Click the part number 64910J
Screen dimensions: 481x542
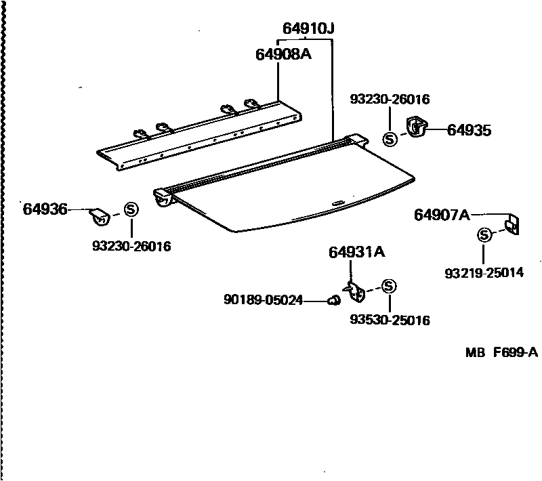(x=308, y=29)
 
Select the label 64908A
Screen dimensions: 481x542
(x=283, y=54)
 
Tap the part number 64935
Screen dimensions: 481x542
(x=469, y=131)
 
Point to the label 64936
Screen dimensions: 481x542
(x=45, y=210)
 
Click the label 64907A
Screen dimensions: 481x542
(x=442, y=215)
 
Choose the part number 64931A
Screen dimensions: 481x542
(x=356, y=253)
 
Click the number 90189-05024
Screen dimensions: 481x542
(x=263, y=299)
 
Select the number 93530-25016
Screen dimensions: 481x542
(x=390, y=320)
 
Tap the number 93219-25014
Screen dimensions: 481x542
(x=484, y=273)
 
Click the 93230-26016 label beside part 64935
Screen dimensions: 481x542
(x=390, y=100)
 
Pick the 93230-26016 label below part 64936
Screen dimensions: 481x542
(x=131, y=246)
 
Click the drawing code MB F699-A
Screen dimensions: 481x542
(x=501, y=352)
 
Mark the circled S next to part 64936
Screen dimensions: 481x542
(x=131, y=209)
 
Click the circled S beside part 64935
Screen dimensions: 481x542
(x=390, y=139)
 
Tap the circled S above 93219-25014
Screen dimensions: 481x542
(x=484, y=235)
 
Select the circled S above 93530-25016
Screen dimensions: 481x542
(x=389, y=286)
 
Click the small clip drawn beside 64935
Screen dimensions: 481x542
(x=415, y=127)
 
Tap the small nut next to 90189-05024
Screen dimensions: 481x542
(x=333, y=299)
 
